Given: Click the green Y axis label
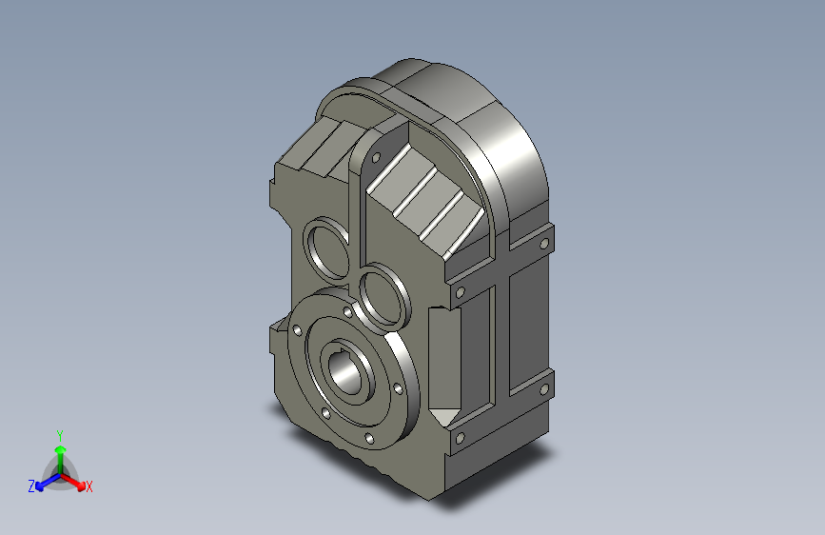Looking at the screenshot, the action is pyautogui.click(x=60, y=435).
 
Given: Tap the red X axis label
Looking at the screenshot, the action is pyautogui.click(x=88, y=486).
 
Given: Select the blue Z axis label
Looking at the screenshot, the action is pyautogui.click(x=31, y=486).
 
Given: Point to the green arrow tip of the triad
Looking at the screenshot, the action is pyautogui.click(x=61, y=449).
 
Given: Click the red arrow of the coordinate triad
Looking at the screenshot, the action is pyautogui.click(x=72, y=482).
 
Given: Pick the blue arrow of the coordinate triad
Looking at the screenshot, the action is pyautogui.click(x=49, y=482).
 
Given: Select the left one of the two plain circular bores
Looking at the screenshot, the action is pyautogui.click(x=326, y=248).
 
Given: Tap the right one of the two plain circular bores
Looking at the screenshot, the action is pyautogui.click(x=383, y=296).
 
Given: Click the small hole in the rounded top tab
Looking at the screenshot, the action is pyautogui.click(x=376, y=157).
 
